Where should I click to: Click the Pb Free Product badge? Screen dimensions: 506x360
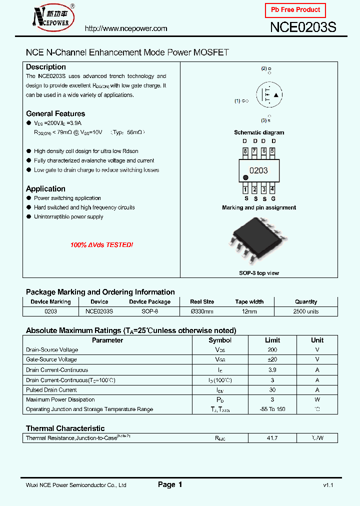pos(295,10)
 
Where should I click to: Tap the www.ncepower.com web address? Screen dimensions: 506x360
pos(126,28)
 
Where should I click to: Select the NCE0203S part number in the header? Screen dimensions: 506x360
pos(303,27)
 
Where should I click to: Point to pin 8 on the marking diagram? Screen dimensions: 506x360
pos(245,151)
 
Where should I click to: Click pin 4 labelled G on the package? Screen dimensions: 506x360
pos(272,189)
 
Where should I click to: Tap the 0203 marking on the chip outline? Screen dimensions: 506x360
pos(258,170)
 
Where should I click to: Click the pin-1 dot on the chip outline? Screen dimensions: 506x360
pos(245,177)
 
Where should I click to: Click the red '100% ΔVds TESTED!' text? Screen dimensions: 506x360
pos(102,245)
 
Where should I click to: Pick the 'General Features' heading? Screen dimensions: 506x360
pos(55,113)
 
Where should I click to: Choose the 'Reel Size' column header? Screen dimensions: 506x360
pos(202,301)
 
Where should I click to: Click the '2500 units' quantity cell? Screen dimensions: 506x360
pos(306,311)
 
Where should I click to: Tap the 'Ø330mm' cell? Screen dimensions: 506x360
pos(202,311)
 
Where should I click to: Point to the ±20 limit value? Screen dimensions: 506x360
pos(272,359)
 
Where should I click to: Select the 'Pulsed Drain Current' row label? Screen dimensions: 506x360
pos(51,389)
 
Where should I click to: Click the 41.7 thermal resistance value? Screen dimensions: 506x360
pos(272,438)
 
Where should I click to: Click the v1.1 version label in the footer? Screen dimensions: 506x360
pos(328,485)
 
